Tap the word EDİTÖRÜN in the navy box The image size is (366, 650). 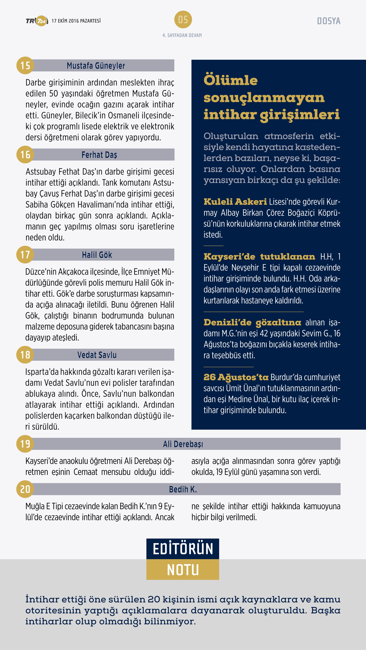(183, 549)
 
